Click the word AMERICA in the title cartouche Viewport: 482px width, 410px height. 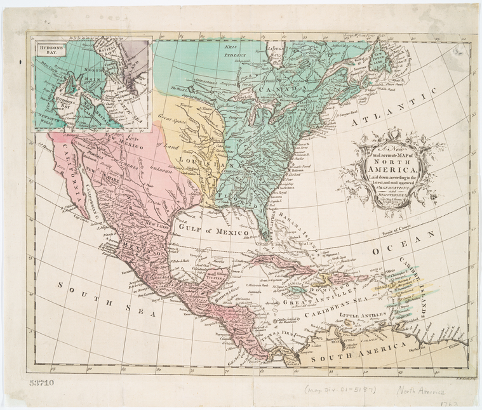point(391,168)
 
